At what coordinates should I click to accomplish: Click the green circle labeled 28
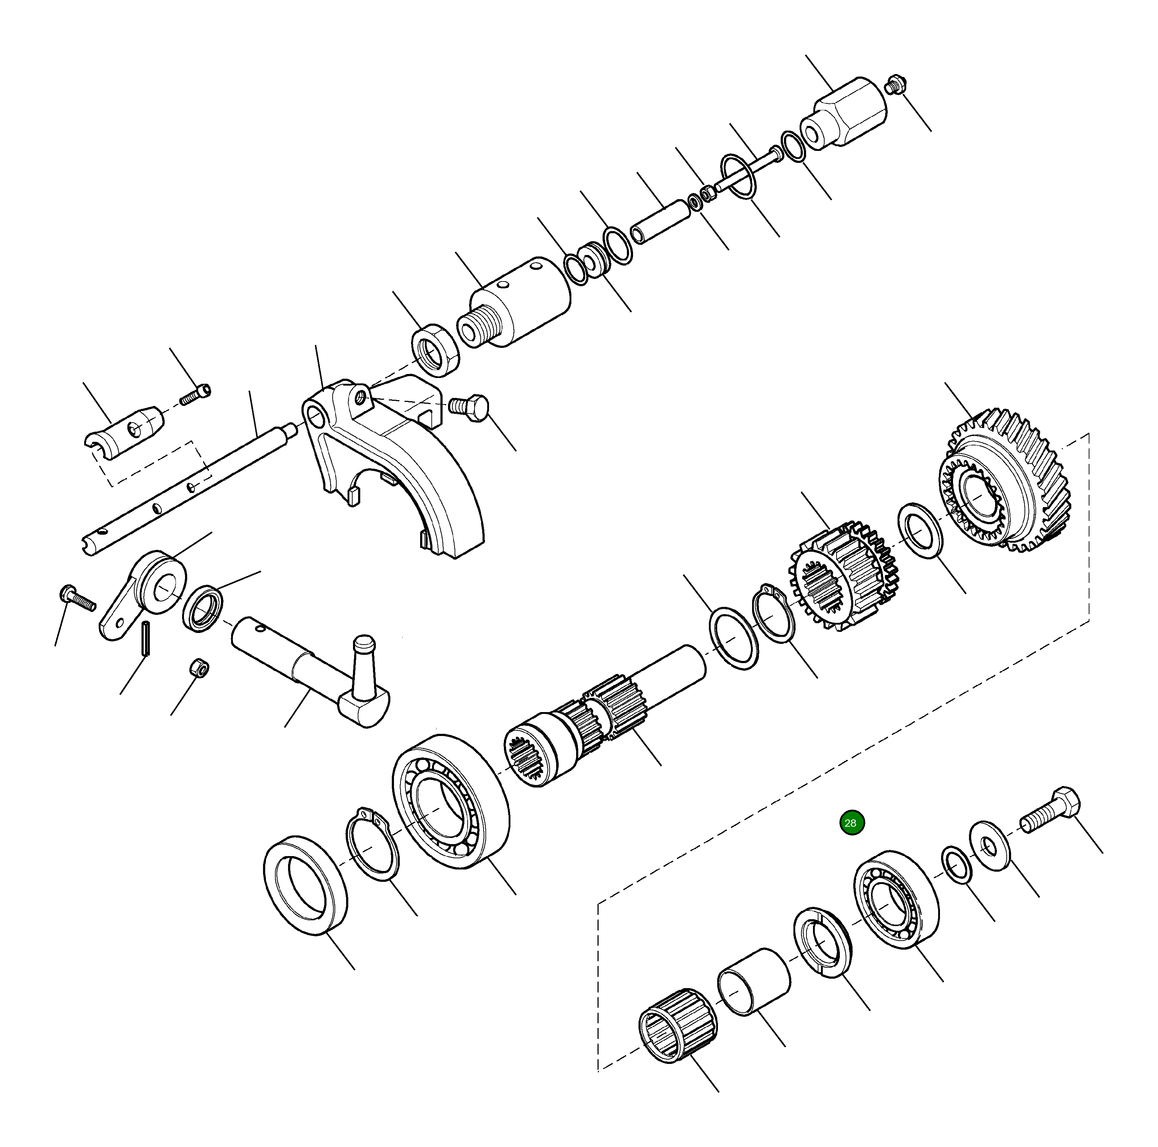point(850,823)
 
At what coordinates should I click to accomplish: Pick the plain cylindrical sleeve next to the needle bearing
point(754,982)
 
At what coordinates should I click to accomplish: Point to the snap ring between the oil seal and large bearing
point(371,845)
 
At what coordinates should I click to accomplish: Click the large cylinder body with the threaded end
point(516,303)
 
